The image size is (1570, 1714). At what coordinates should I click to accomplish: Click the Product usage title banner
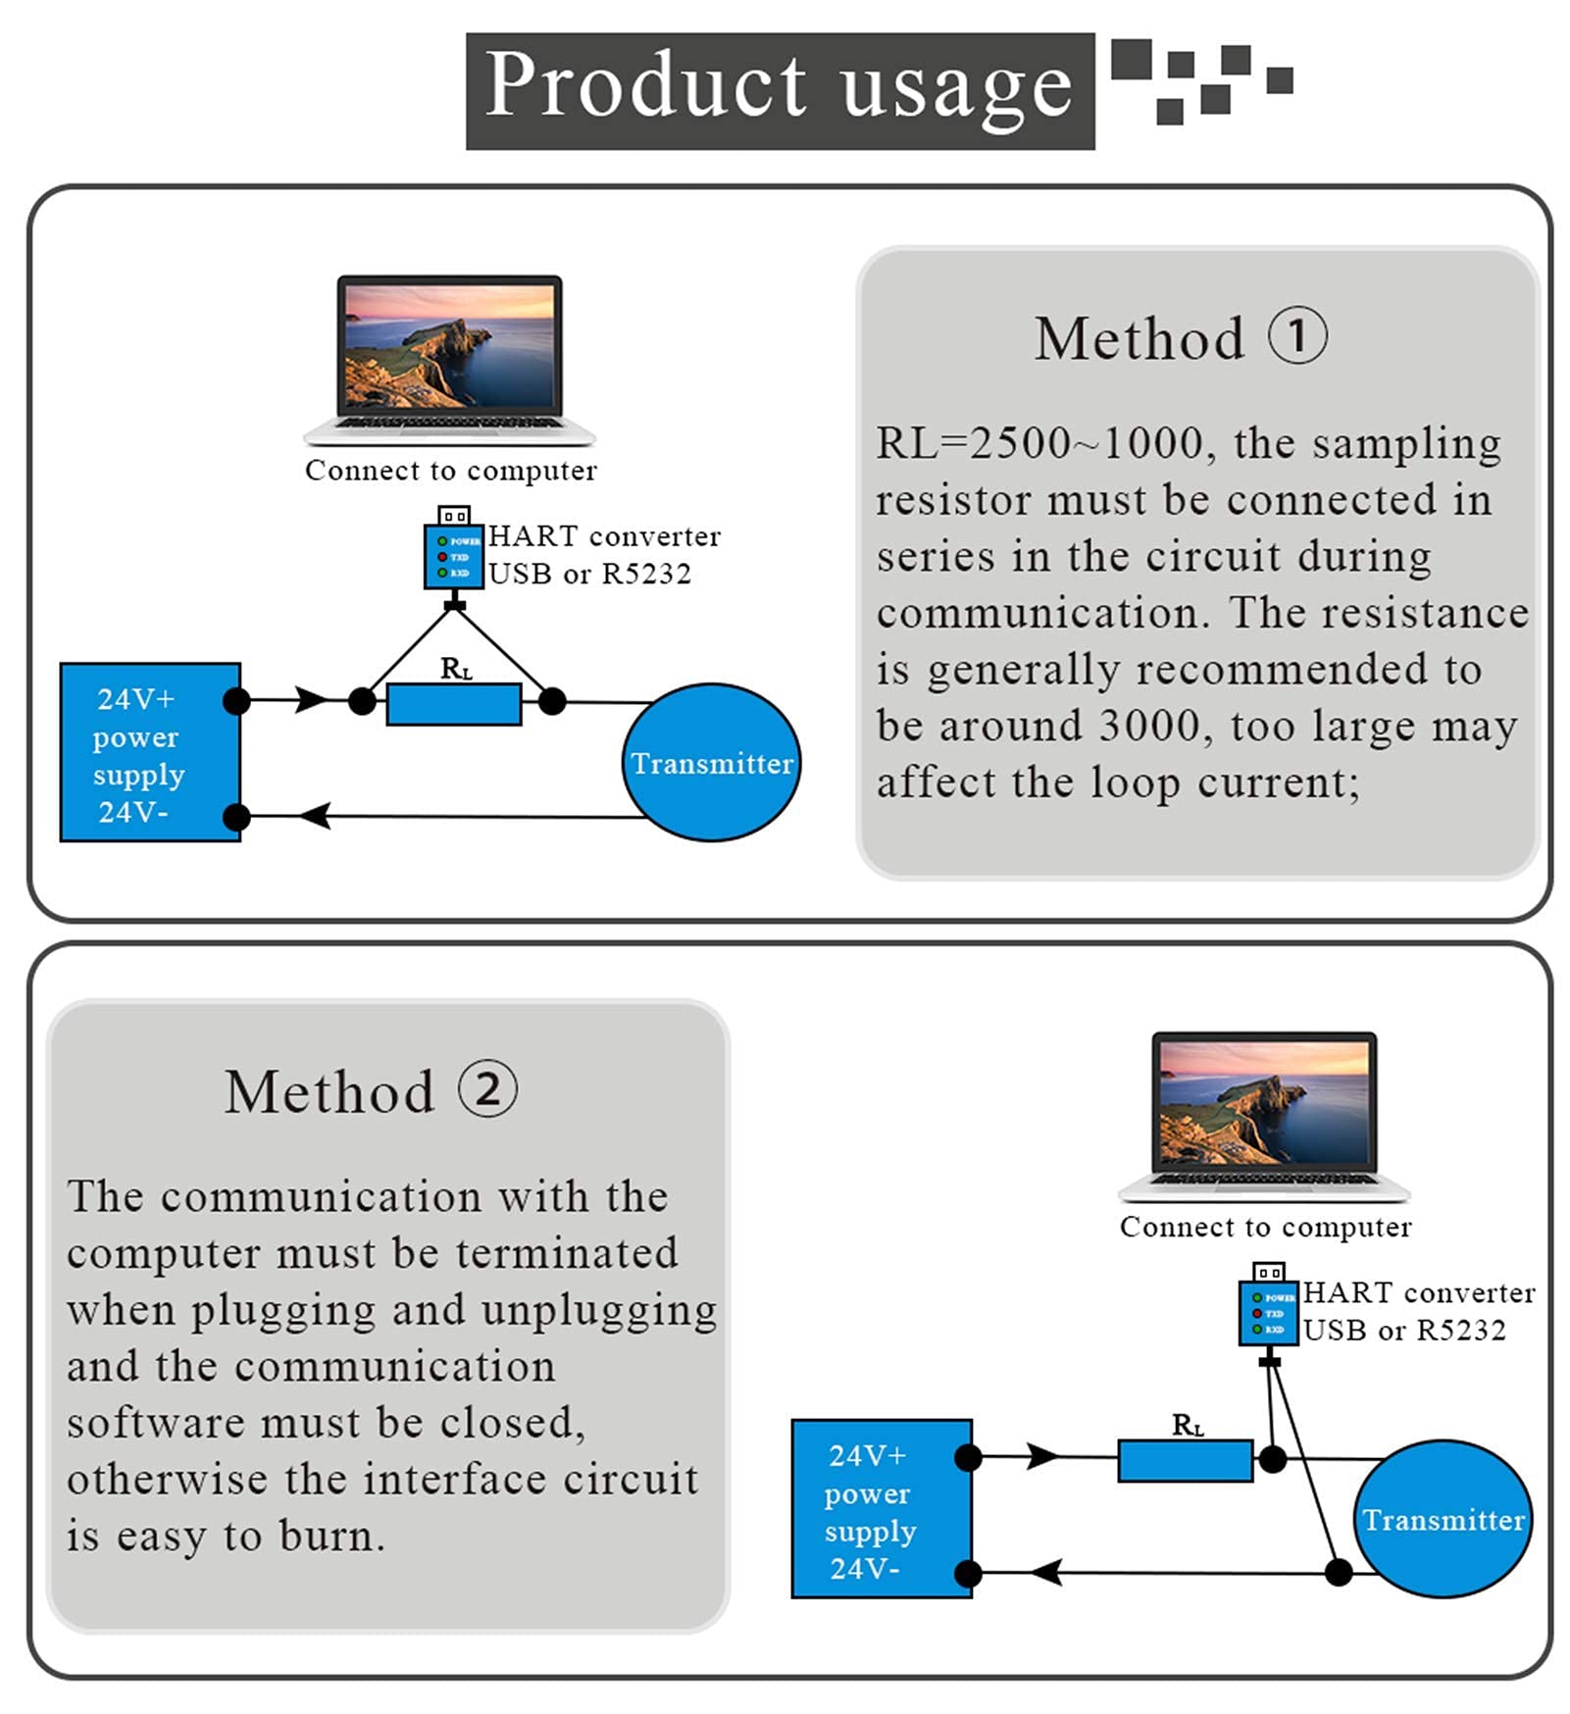[x=780, y=90]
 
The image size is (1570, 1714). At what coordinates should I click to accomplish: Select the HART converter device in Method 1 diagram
[x=453, y=555]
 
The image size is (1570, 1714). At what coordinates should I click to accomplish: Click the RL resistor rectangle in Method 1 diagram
[x=453, y=704]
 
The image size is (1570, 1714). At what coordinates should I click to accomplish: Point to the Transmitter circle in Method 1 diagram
[x=711, y=762]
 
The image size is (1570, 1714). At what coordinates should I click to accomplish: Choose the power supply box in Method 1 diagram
[x=150, y=752]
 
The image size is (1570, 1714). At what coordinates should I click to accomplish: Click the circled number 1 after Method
[x=1297, y=336]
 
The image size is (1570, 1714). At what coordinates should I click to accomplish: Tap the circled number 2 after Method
[x=487, y=1089]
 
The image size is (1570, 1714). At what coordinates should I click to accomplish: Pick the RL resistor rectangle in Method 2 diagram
[x=1185, y=1460]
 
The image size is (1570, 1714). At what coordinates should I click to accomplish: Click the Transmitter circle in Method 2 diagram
[x=1443, y=1519]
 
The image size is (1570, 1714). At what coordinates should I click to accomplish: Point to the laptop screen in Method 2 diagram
[x=1264, y=1102]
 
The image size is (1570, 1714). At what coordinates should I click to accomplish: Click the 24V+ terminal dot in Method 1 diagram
[x=236, y=700]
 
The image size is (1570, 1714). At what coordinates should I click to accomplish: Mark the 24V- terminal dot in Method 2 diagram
[x=968, y=1574]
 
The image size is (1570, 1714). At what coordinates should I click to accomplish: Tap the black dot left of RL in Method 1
[x=362, y=701]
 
